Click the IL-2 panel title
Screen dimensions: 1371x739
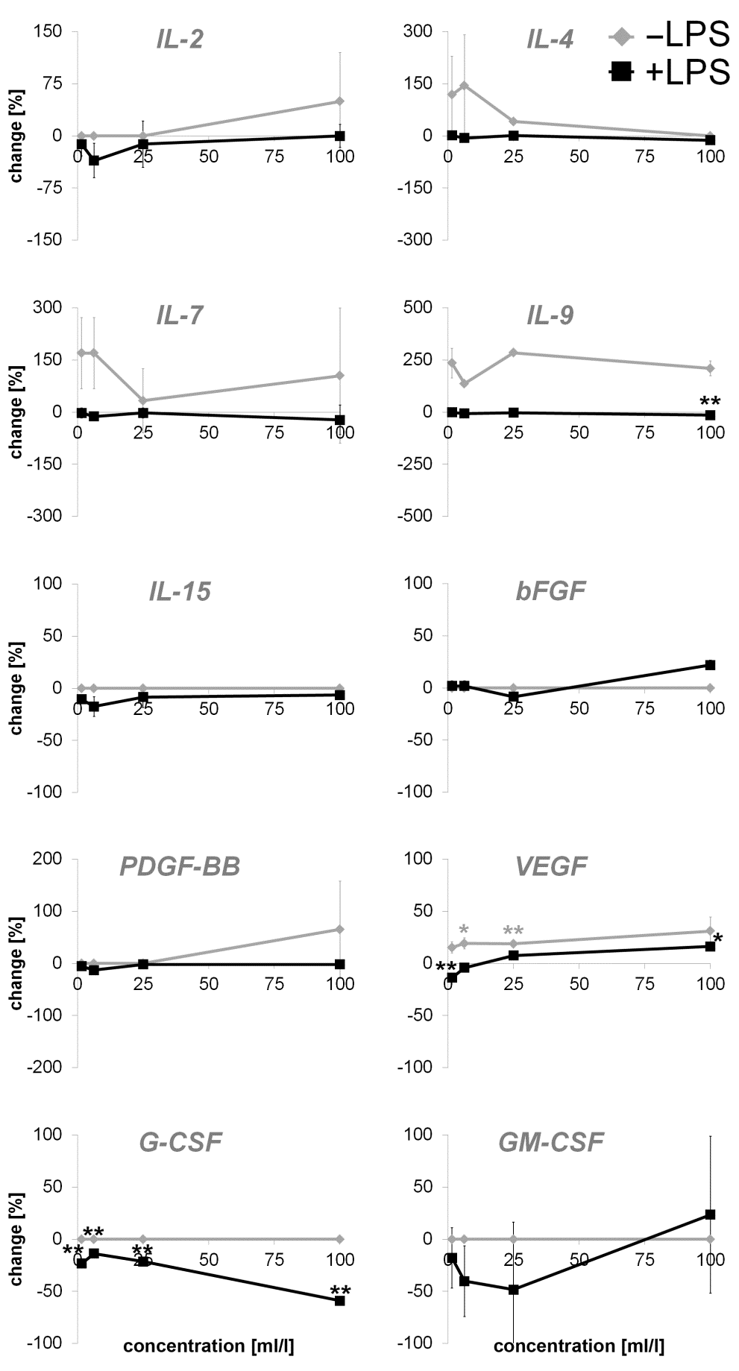pyautogui.click(x=180, y=40)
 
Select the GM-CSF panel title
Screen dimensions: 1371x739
pyautogui.click(x=551, y=1142)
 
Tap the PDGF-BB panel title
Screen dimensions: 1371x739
pyautogui.click(x=180, y=866)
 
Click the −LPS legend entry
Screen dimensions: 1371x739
pyautogui.click(x=669, y=36)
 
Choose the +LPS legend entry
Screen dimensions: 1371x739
pyautogui.click(x=669, y=72)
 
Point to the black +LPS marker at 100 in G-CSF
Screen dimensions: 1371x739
pyautogui.click(x=340, y=1300)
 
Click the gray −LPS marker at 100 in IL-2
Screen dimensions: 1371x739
pyautogui.click(x=340, y=101)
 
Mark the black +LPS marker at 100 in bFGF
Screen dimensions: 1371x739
pyautogui.click(x=710, y=665)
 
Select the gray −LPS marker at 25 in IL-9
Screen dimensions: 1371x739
pyautogui.click(x=513, y=353)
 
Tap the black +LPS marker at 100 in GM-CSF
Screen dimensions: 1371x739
pyautogui.click(x=710, y=1214)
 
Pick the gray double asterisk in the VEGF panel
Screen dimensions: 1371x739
pyautogui.click(x=513, y=931)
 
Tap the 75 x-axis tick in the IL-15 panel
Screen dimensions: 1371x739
pyautogui.click(x=275, y=708)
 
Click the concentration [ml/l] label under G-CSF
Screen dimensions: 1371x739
pyautogui.click(x=208, y=1346)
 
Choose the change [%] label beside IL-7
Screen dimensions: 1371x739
pyautogui.click(x=16, y=412)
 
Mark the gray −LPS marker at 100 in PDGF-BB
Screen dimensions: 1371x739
pyautogui.click(x=340, y=930)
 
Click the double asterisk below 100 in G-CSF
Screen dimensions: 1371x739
pyautogui.click(x=340, y=1285)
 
